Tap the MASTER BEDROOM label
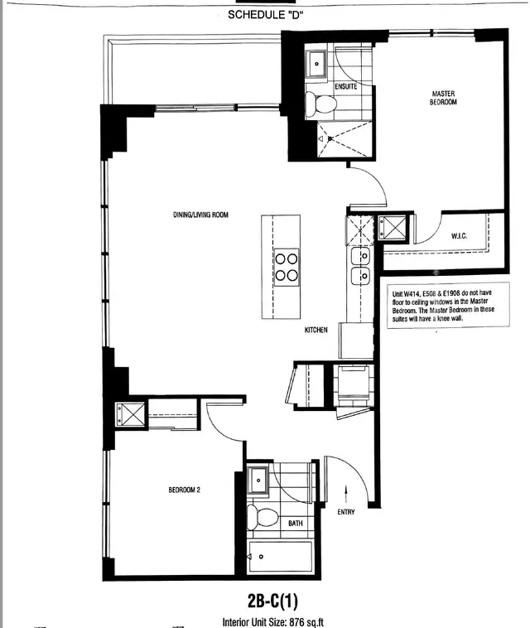[x=443, y=98]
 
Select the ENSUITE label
[x=346, y=86]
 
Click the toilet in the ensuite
[x=320, y=104]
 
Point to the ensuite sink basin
[x=316, y=64]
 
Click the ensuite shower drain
[x=330, y=138]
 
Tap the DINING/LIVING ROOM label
[x=200, y=215]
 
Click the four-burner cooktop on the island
[x=287, y=267]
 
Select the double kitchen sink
[x=360, y=266]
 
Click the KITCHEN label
[x=316, y=330]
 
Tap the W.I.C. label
[x=459, y=236]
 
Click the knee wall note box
[x=448, y=305]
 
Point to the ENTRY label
[x=346, y=512]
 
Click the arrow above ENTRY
[x=346, y=494]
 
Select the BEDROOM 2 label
[x=184, y=490]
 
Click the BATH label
[x=296, y=523]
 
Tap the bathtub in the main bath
[x=280, y=557]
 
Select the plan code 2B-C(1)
[x=272, y=601]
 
